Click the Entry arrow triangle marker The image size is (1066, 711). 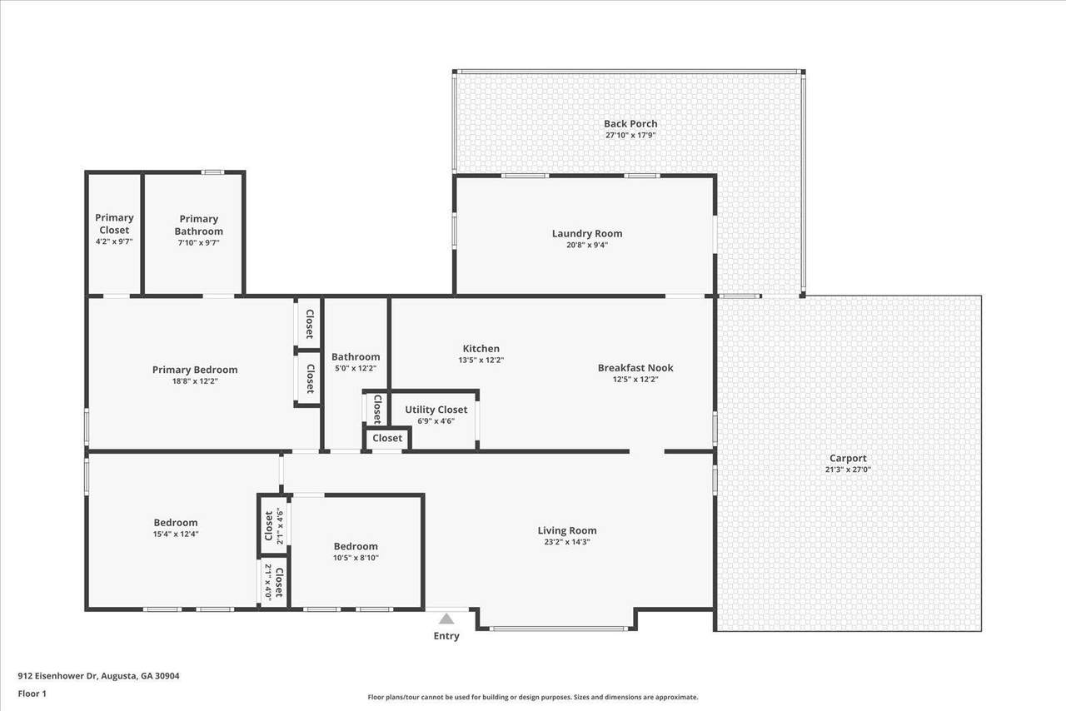pos(446,619)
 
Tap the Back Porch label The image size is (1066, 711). pos(630,124)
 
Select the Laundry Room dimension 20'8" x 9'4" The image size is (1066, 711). pos(587,245)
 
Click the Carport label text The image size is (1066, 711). pos(848,458)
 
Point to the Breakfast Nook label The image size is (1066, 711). pos(635,368)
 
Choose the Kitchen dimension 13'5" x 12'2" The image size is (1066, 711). pos(481,360)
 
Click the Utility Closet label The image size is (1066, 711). pos(436,410)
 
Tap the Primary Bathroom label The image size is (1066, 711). pos(198,225)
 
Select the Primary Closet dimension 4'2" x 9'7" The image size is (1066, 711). pos(114,241)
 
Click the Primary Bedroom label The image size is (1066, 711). pos(195,370)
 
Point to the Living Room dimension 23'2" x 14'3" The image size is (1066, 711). pos(567,542)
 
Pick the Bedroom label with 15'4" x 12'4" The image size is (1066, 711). pos(176,523)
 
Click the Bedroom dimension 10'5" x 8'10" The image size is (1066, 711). pos(356,558)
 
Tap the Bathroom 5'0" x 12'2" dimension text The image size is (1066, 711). pos(356,368)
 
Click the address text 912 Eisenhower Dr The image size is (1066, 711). pos(57,676)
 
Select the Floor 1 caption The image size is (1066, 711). pos(32,694)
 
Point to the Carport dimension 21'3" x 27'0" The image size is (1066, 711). pos(848,470)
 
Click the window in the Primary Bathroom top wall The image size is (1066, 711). pos(212,172)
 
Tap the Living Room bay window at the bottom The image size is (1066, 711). pos(559,629)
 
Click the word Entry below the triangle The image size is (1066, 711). pos(446,636)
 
